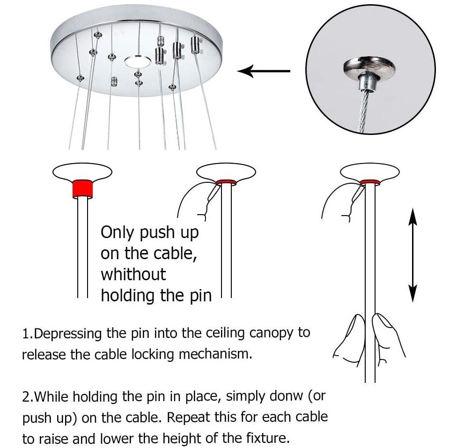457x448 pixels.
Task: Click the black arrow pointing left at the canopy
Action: (264, 71)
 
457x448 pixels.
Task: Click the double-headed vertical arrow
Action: (413, 255)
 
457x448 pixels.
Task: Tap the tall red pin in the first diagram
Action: (82, 189)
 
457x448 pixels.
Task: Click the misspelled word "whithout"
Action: (133, 275)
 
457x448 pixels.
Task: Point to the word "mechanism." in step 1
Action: (215, 354)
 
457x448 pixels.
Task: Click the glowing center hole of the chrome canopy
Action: (138, 61)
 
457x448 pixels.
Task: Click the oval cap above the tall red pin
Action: (82, 172)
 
